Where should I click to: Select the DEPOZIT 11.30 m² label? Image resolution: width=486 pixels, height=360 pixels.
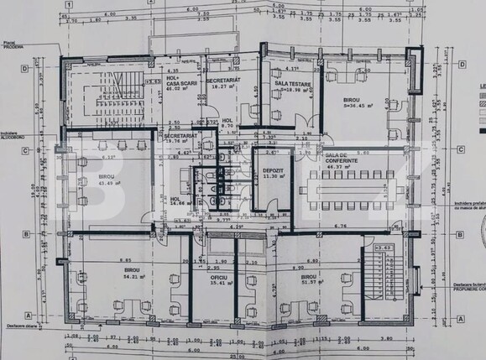[270, 172]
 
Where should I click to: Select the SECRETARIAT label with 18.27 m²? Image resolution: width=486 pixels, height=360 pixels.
[224, 82]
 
